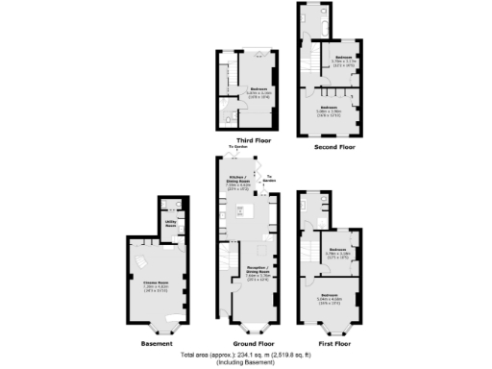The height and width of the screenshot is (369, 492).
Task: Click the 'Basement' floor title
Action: [156, 342]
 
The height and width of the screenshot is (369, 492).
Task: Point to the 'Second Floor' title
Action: [333, 148]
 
